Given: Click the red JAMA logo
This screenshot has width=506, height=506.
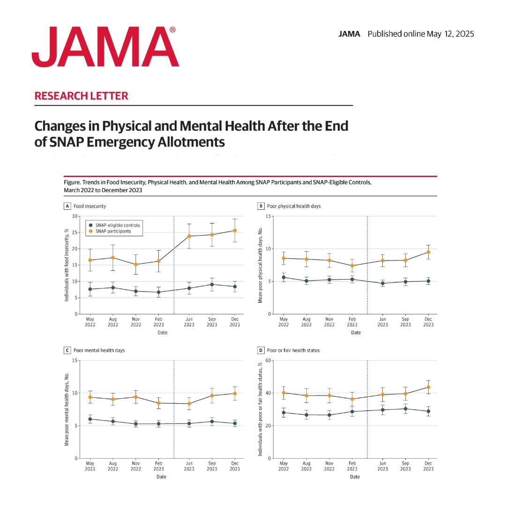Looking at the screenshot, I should tap(105, 47).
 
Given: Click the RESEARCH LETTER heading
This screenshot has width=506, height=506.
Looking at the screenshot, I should tap(81, 96).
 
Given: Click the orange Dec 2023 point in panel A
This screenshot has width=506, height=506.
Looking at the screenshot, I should tap(235, 231).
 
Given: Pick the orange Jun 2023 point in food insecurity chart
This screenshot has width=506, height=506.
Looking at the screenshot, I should tap(189, 236).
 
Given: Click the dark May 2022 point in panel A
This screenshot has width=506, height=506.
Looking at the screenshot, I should tap(90, 289).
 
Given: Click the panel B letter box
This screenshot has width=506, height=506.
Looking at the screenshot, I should tap(261, 206).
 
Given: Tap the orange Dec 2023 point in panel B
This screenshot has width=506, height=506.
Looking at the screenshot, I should tap(428, 252).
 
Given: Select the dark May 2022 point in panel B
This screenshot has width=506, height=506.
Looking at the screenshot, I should tap(283, 277).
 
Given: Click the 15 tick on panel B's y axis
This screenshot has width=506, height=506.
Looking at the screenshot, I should tap(268, 216).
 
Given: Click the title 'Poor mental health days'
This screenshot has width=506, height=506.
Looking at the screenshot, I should tap(99, 350).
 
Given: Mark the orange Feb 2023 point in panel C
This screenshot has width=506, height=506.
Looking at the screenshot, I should tap(159, 403).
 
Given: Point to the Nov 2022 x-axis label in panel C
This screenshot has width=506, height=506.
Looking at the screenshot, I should tap(136, 466).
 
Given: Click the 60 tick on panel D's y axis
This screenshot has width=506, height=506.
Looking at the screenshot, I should tap(268, 360).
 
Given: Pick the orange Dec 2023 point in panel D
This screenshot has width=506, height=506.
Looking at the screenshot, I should tap(428, 387).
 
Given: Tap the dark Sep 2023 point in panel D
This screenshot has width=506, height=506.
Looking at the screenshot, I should tap(405, 409).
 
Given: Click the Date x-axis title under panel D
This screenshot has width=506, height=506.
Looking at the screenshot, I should tap(355, 477).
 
